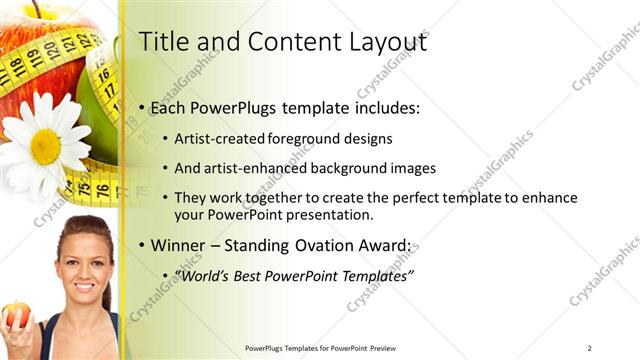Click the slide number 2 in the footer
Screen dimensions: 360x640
pyautogui.click(x=589, y=347)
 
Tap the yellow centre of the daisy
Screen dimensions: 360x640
pyautogui.click(x=45, y=146)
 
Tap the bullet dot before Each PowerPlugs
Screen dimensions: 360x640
pyautogui.click(x=143, y=108)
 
